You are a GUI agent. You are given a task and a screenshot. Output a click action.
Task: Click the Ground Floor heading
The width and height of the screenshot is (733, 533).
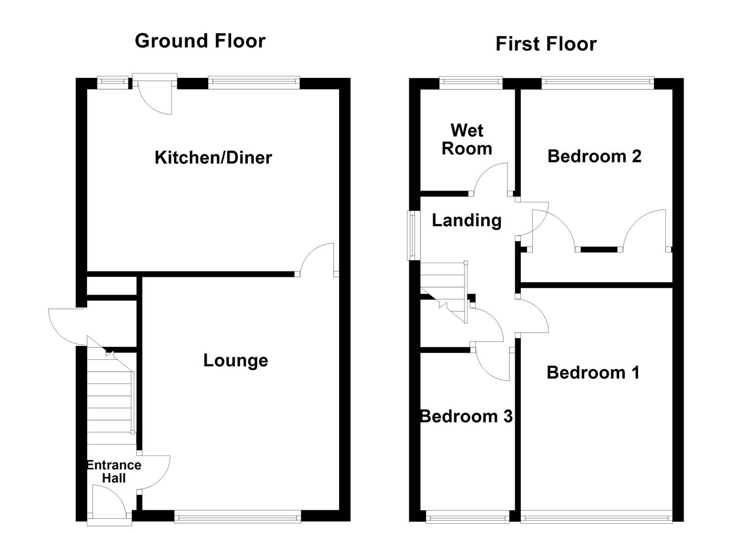(x=200, y=40)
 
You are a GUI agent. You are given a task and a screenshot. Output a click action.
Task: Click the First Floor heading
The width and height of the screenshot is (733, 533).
(x=546, y=44)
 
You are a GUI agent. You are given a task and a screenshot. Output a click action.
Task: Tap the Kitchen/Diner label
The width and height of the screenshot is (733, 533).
(x=213, y=157)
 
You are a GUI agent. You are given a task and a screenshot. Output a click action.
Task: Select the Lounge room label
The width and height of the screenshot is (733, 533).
(x=235, y=360)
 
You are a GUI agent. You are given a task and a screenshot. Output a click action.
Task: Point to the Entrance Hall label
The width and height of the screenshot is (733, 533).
(x=114, y=471)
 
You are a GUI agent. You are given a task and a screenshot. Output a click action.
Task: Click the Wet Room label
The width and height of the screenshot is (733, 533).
(x=466, y=139)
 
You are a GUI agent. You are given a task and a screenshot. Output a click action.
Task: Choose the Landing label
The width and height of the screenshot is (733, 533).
(x=466, y=220)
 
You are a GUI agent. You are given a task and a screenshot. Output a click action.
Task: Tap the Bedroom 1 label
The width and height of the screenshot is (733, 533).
(x=593, y=372)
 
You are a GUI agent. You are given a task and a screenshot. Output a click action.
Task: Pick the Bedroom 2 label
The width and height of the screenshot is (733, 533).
(x=594, y=156)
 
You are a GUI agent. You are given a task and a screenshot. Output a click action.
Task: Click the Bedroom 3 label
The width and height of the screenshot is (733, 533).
(x=466, y=416)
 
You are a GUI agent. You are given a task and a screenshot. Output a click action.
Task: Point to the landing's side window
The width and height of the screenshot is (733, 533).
(x=411, y=235)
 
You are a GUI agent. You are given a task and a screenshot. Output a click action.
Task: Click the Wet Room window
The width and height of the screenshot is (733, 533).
(x=471, y=82)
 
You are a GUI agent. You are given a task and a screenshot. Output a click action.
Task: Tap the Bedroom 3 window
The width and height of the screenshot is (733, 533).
(x=467, y=517)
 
